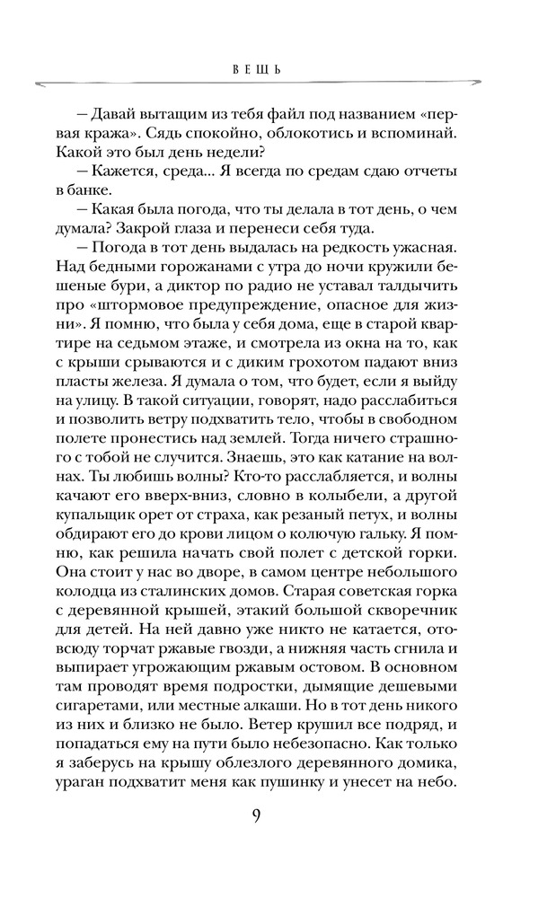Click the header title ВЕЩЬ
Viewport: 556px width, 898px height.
[257, 68]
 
